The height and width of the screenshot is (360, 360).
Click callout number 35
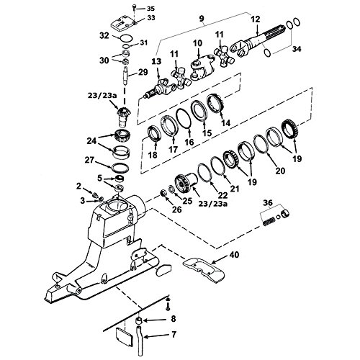(150, 8)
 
